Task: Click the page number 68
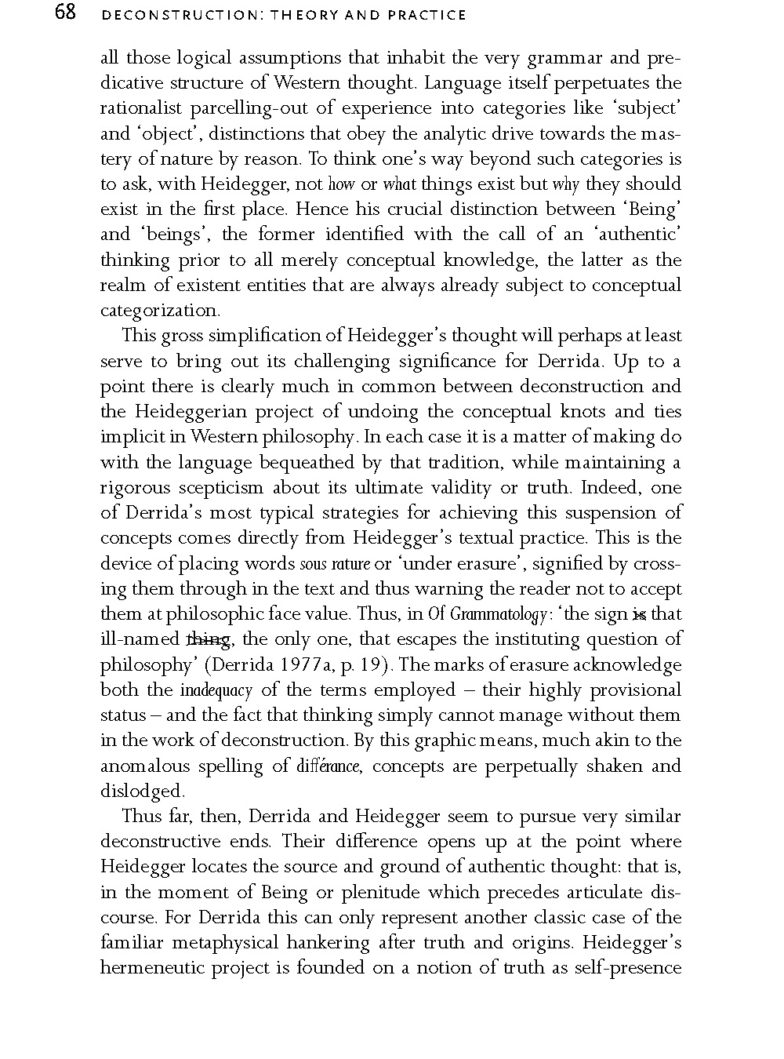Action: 65,13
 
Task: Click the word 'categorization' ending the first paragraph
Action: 159,311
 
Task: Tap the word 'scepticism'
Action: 220,488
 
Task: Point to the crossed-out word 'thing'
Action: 208,640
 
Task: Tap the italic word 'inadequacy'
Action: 216,691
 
